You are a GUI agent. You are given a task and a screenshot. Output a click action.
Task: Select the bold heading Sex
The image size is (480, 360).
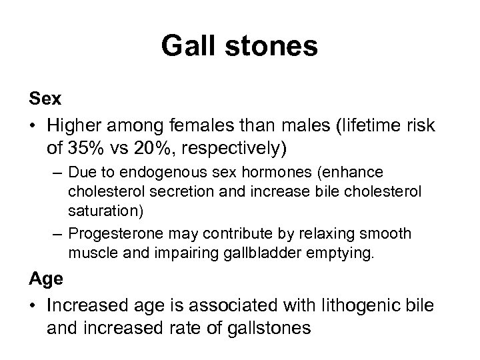point(45,99)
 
